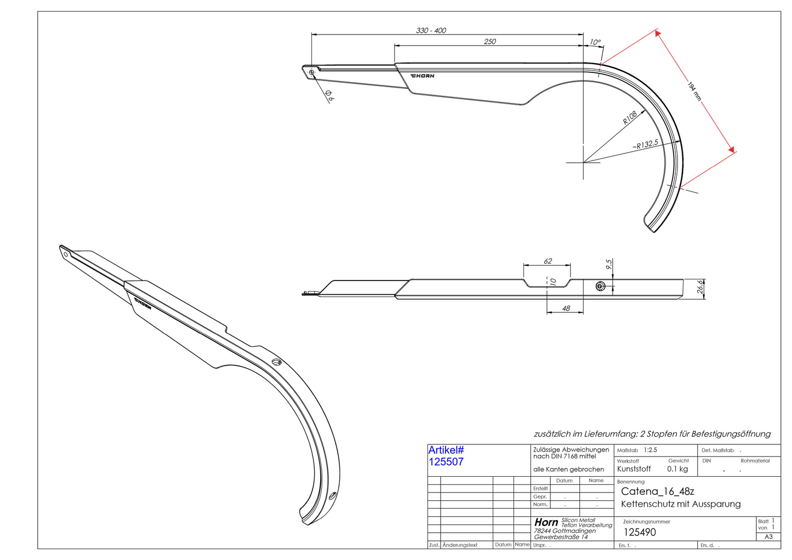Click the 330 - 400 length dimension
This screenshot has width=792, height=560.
431,31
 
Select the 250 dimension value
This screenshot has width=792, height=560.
489,42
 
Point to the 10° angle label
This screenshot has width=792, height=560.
595,42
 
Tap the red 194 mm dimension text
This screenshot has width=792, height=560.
694,91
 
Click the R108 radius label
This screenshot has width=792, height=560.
630,118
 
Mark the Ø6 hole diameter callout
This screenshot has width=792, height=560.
329,96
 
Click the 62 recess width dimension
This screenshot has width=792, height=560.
548,261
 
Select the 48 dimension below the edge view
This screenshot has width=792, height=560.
566,308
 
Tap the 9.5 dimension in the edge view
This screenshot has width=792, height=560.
608,264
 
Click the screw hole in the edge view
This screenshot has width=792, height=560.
600,286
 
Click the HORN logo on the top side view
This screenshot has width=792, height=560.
422,76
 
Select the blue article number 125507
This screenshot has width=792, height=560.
446,462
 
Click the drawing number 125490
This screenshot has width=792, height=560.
640,532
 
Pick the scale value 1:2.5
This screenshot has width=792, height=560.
650,450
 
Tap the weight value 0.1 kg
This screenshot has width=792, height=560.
677,469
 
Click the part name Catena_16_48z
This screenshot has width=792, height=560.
658,492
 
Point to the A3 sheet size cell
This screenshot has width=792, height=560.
768,536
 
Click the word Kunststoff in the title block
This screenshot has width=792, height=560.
634,469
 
